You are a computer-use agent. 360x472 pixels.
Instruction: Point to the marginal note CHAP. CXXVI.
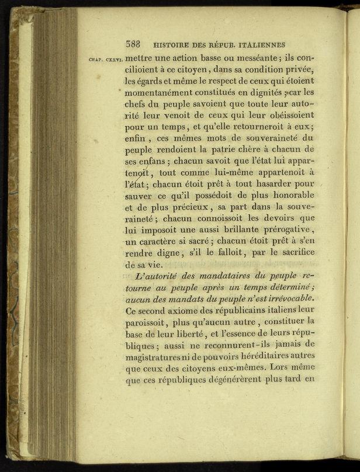[x=105, y=59]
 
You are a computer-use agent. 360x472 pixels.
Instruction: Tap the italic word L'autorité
[x=158, y=275]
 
